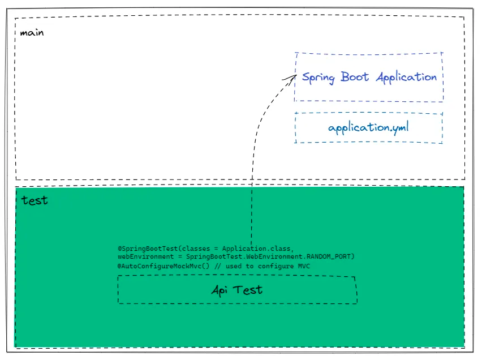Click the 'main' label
click(32, 33)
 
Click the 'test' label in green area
click(35, 200)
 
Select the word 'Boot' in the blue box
click(355, 78)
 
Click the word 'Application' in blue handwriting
click(406, 78)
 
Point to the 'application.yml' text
click(368, 127)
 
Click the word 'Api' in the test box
click(220, 290)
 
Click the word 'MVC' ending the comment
click(304, 265)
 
